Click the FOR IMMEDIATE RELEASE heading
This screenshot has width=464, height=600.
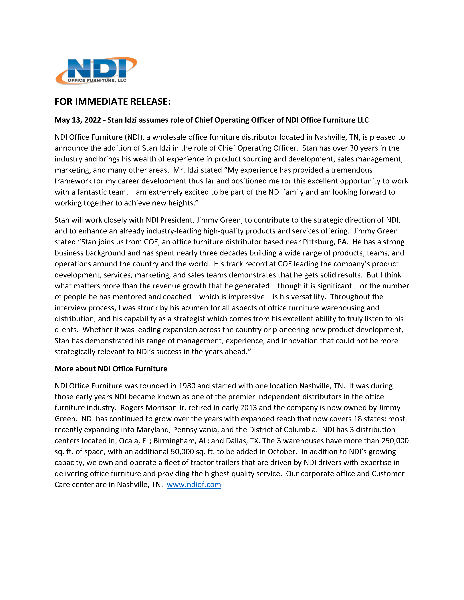[112, 102]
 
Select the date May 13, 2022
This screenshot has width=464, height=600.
[78, 120]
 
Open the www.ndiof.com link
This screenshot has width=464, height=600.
[194, 485]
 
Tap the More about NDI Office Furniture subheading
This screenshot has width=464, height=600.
[111, 369]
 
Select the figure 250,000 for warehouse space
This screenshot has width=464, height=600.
[395, 441]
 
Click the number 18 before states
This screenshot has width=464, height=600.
[358, 419]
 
